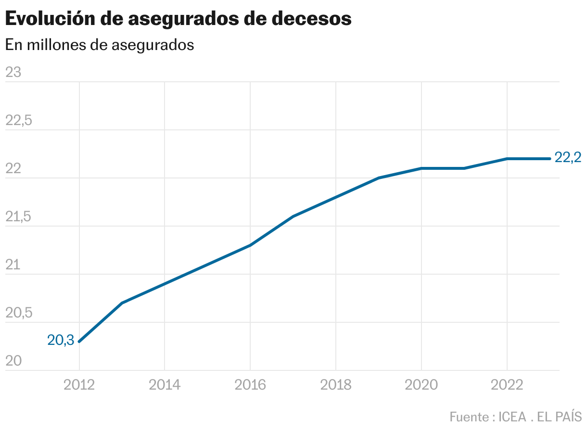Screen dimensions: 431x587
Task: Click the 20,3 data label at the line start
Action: pos(61,340)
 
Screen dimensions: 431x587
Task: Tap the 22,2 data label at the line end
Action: pos(568,158)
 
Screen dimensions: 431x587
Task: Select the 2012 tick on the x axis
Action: pos(79,385)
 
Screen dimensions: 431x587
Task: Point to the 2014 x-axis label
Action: pos(165,385)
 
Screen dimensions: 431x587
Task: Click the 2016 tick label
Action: pos(250,385)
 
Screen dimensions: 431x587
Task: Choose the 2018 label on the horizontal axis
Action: pos(336,385)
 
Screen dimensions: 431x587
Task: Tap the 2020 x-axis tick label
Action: pos(421,385)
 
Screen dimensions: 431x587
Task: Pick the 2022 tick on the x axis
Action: pos(507,385)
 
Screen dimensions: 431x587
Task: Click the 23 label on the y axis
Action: pos(13,72)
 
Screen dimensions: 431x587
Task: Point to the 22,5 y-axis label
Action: pos(19,120)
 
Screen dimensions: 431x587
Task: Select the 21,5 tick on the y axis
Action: pos(18,217)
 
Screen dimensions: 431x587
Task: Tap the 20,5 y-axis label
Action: pos(19,313)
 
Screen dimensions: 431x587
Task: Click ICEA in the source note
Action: pos(512,416)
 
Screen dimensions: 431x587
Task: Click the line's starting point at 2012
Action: pos(79,342)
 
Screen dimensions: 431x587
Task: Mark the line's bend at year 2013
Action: pos(122,303)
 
